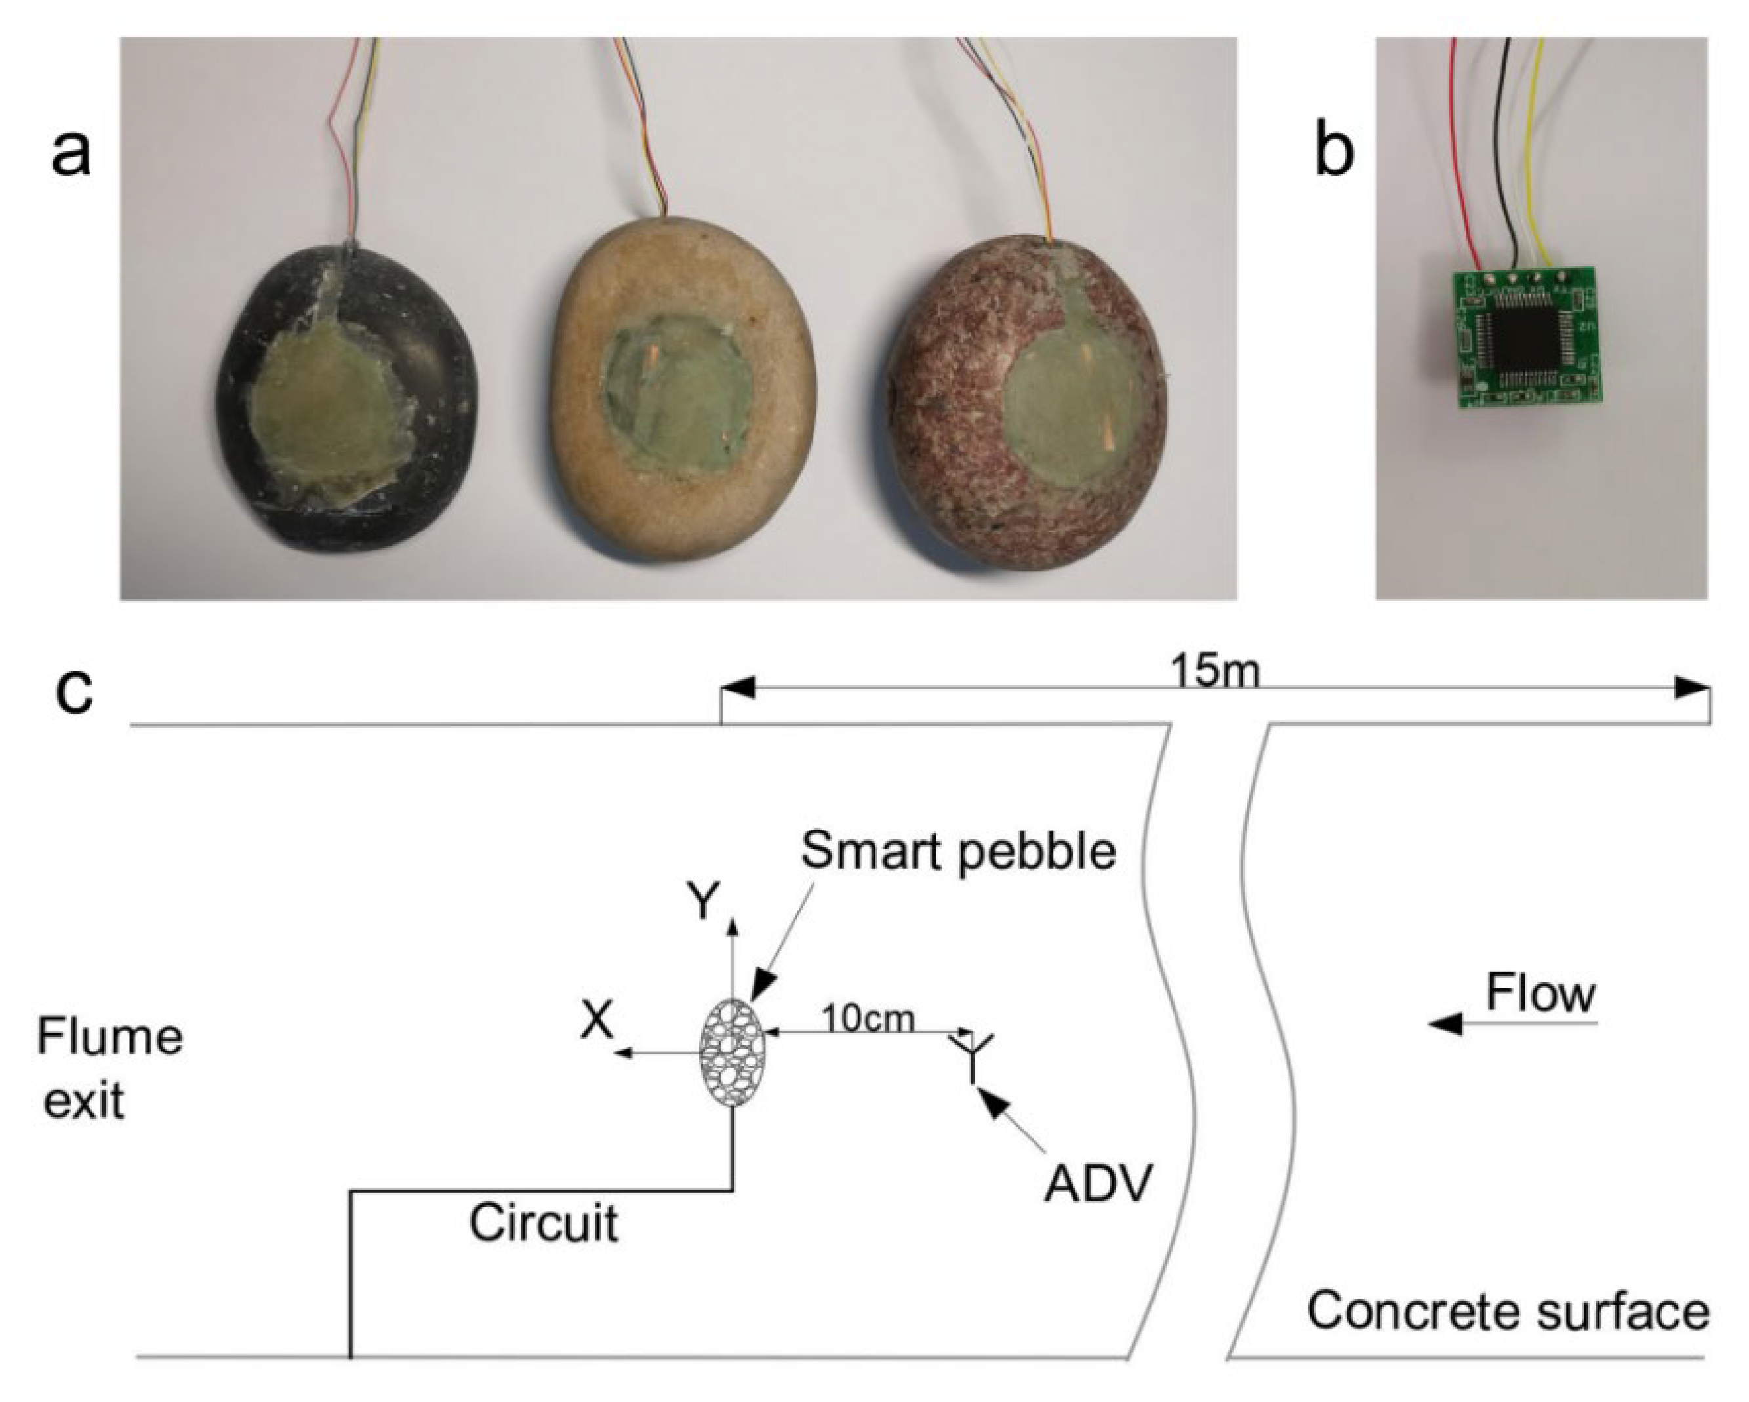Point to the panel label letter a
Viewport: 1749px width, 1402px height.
pos(71,154)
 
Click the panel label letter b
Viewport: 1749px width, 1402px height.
pos(1334,154)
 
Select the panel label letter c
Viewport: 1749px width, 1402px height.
pos(75,692)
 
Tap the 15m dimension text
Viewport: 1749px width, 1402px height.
pos(1215,671)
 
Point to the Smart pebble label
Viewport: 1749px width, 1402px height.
pos(959,852)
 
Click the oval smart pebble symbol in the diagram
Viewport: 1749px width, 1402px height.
pos(733,1052)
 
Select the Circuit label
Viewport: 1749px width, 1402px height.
pos(544,1223)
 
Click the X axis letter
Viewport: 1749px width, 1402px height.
pos(597,1020)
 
